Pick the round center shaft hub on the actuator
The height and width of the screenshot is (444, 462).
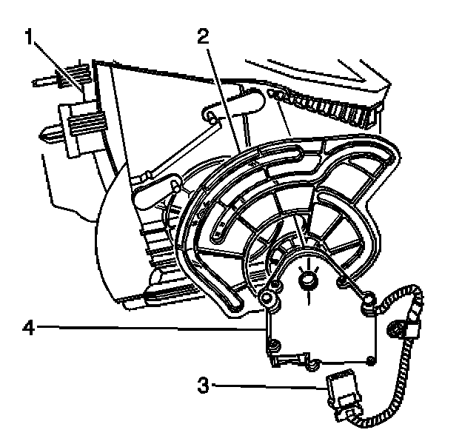coord(307,280)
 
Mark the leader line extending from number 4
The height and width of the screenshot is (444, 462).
coord(148,326)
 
